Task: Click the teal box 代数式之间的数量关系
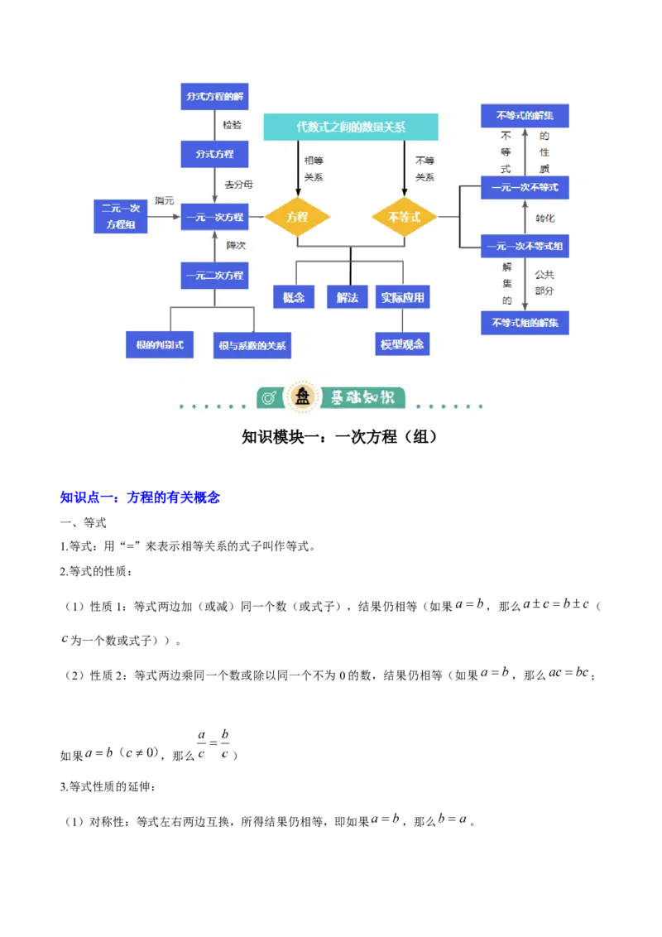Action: pyautogui.click(x=351, y=127)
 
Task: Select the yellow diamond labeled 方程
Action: pyautogui.click(x=297, y=217)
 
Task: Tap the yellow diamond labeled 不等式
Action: pyautogui.click(x=404, y=217)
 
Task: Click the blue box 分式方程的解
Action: pyautogui.click(x=214, y=96)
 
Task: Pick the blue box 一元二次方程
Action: pyautogui.click(x=214, y=275)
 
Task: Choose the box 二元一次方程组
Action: pyautogui.click(x=121, y=216)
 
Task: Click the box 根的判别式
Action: pyautogui.click(x=160, y=344)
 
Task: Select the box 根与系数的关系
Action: pyautogui.click(x=252, y=345)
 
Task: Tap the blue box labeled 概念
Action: pyautogui.click(x=294, y=297)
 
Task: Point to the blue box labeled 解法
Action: pyautogui.click(x=348, y=297)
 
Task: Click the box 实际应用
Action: pyautogui.click(x=404, y=297)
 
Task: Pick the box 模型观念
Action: pyautogui.click(x=403, y=344)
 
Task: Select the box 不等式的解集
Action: pyautogui.click(x=525, y=115)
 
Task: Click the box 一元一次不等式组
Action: pyautogui.click(x=525, y=246)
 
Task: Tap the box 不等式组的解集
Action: pyautogui.click(x=525, y=322)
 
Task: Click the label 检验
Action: pyautogui.click(x=233, y=125)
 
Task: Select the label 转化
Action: pyautogui.click(x=545, y=219)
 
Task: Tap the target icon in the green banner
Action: pyautogui.click(x=269, y=398)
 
